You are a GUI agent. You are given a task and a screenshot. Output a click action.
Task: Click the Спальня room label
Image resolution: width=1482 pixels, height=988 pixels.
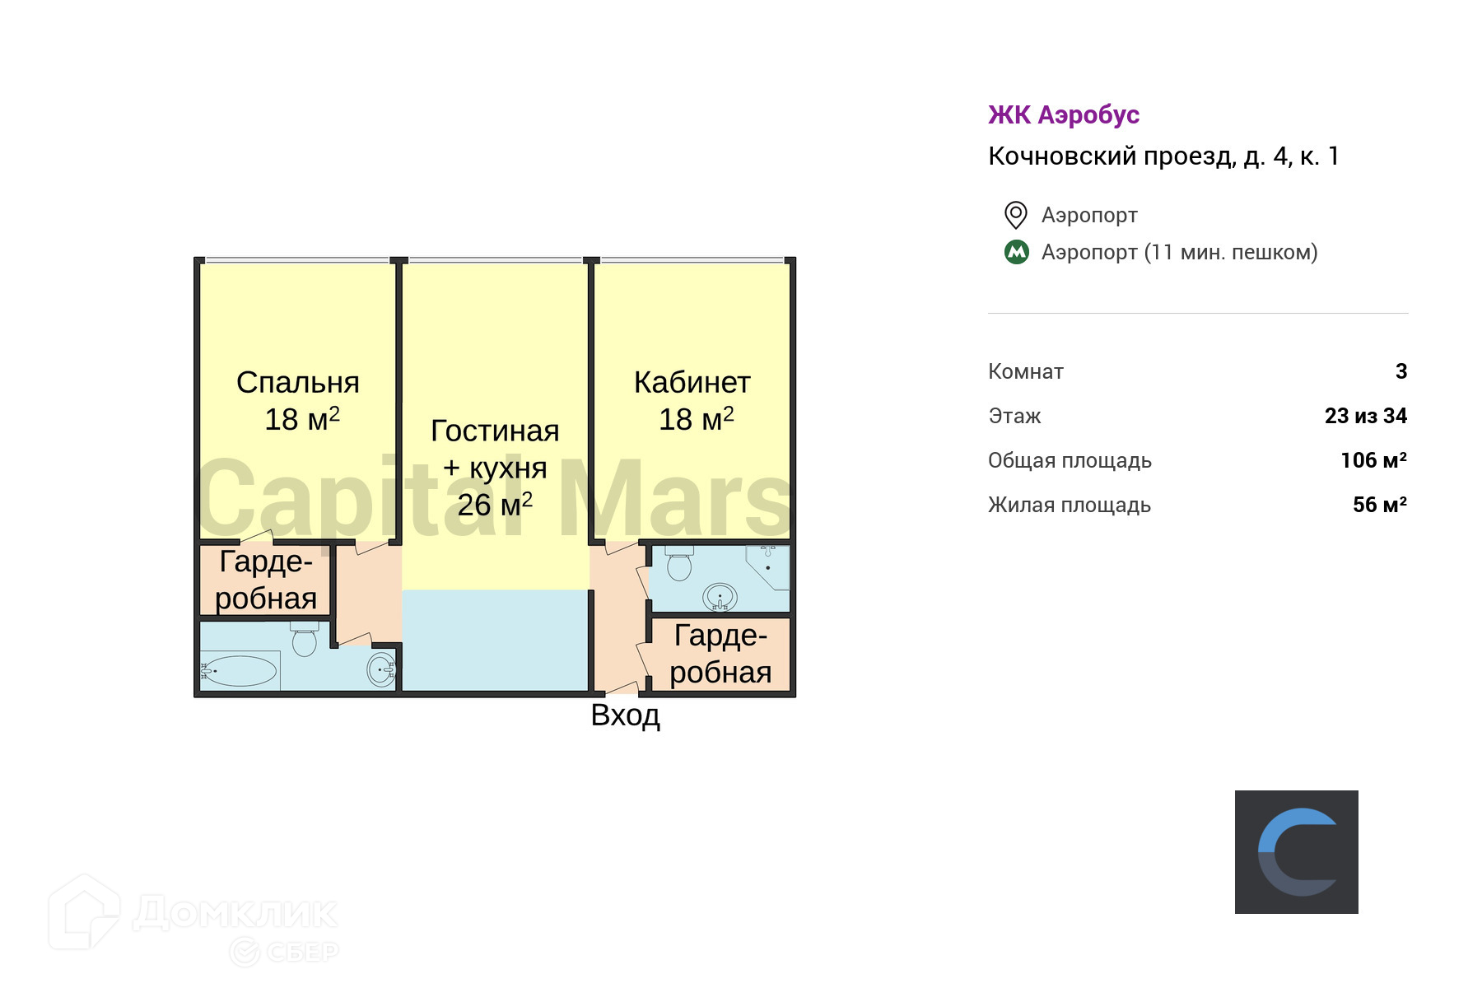(x=298, y=383)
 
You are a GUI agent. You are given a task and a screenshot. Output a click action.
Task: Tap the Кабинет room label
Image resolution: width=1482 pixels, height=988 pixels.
(x=692, y=383)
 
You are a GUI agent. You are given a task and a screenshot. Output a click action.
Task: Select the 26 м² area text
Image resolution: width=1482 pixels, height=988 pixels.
(x=495, y=505)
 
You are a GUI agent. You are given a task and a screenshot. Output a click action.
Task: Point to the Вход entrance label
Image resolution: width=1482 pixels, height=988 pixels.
(x=625, y=715)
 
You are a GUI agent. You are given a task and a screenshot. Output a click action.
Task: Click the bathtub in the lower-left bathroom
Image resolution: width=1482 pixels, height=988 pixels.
(x=240, y=671)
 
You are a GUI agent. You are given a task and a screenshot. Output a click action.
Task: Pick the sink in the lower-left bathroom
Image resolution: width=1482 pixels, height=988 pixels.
(x=381, y=670)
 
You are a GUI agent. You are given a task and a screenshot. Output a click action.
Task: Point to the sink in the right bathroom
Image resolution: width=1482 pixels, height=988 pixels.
(x=720, y=597)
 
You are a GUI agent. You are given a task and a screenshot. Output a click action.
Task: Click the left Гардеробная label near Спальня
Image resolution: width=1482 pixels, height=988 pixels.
(x=266, y=580)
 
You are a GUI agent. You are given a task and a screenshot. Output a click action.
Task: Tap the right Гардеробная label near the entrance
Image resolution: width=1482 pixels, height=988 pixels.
(x=720, y=654)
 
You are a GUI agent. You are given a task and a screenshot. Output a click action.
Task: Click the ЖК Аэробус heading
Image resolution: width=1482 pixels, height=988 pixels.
(x=1064, y=114)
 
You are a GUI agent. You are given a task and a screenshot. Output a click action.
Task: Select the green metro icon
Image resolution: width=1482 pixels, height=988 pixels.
(x=1017, y=252)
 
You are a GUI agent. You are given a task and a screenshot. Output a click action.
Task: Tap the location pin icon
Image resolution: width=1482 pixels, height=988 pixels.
(x=1016, y=215)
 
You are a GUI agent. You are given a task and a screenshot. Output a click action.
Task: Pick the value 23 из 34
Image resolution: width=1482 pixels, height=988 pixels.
(x=1365, y=416)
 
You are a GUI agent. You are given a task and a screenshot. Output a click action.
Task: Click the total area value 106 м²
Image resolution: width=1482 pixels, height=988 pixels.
(x=1373, y=460)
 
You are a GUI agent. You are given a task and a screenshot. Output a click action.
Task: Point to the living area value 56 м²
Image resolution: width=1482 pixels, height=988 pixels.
(x=1379, y=505)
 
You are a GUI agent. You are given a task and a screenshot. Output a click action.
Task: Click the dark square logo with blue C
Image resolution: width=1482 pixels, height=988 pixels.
(x=1297, y=852)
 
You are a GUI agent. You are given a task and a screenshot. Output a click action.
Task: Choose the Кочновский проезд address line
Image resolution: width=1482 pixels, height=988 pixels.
(x=1163, y=156)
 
